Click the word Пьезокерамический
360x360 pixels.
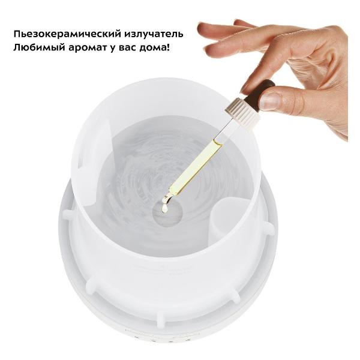(x=67, y=34)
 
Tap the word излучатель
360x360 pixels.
(x=154, y=34)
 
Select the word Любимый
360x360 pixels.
(x=40, y=48)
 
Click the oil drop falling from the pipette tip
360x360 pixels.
(x=164, y=208)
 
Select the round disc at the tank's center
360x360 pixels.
(x=168, y=213)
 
